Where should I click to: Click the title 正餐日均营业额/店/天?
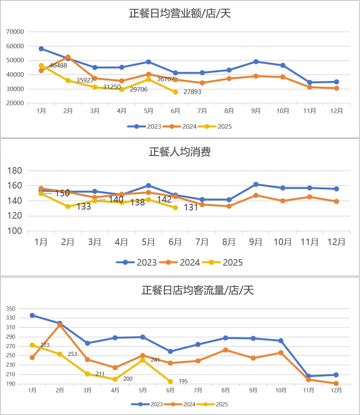[180, 14]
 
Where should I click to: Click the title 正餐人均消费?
[180, 152]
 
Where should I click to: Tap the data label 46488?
[59, 66]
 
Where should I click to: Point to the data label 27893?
[193, 92]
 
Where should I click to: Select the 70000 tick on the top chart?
[16, 32]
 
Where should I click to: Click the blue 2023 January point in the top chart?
[41, 49]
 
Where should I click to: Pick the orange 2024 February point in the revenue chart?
[68, 57]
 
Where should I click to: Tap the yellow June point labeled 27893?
[175, 92]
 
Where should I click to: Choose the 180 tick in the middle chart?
[15, 171]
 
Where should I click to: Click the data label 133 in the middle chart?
[84, 207]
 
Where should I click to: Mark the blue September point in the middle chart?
[256, 184]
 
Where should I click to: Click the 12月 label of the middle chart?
[336, 243]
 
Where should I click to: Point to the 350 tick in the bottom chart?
[11, 309]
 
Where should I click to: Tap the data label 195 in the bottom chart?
[183, 382]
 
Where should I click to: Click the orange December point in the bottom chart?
[336, 384]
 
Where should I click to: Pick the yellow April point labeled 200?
[115, 379]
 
